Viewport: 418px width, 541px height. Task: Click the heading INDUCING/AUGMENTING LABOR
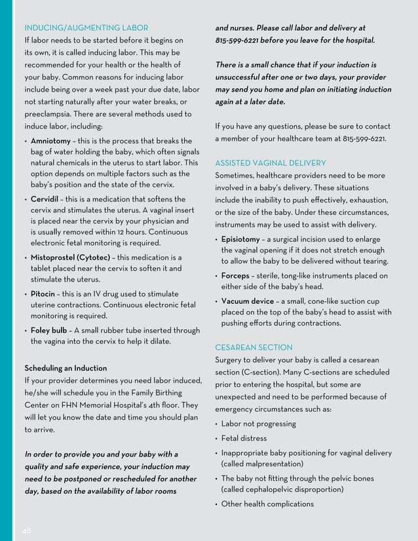coord(86,28)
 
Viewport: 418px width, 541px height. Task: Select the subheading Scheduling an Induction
coord(66,368)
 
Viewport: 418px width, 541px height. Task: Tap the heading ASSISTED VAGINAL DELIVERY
coord(270,163)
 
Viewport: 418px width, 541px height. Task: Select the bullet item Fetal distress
coord(244,438)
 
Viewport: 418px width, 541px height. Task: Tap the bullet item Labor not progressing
coord(258,424)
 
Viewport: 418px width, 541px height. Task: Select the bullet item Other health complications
coord(267,504)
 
